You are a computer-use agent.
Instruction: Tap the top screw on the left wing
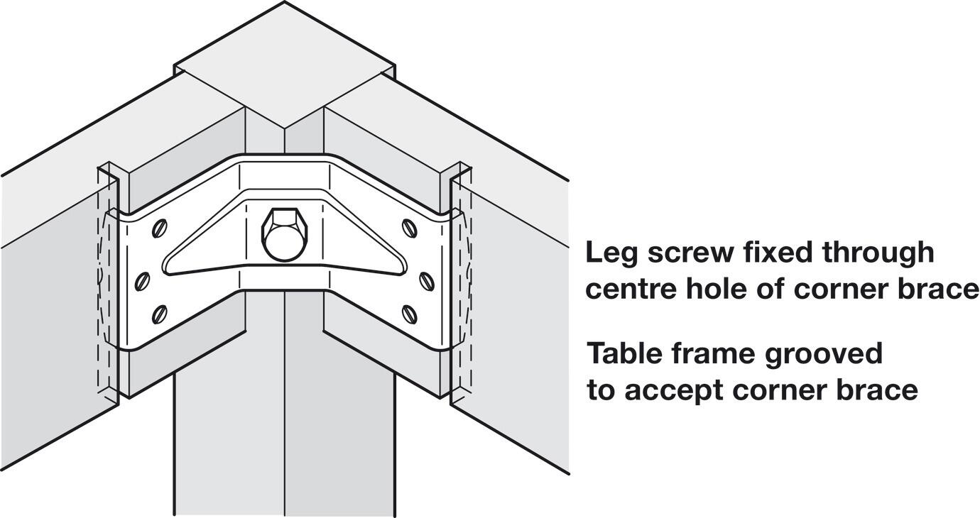[x=160, y=227]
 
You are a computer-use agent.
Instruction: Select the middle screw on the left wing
[x=142, y=281]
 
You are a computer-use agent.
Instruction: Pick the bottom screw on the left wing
[x=160, y=313]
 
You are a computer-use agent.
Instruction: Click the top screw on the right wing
[x=409, y=227]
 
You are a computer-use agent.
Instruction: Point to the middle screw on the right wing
[x=427, y=281]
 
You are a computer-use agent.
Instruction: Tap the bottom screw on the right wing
[x=409, y=313]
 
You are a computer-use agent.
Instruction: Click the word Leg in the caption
[x=612, y=253]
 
